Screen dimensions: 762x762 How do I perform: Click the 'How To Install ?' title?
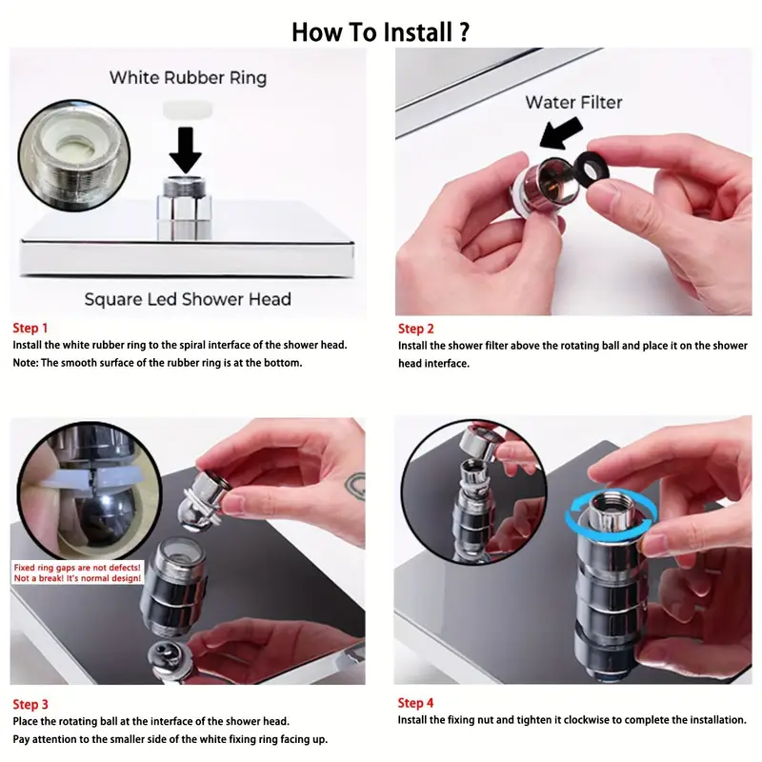[380, 32]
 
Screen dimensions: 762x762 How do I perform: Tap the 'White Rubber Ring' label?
[188, 78]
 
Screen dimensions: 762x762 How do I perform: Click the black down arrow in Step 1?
[185, 150]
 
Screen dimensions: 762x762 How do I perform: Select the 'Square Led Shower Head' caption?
[188, 299]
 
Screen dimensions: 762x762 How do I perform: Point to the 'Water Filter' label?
[573, 103]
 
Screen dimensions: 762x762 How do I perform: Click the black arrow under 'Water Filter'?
[560, 132]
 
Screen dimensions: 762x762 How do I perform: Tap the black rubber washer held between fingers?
[592, 169]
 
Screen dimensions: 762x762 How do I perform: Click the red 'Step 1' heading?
[30, 328]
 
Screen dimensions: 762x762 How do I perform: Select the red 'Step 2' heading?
[416, 329]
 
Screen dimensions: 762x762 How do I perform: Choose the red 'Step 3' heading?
[30, 705]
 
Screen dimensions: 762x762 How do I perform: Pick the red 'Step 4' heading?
[415, 703]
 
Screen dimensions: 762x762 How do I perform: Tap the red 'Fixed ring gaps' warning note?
[77, 573]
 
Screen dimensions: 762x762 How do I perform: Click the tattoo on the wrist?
[355, 486]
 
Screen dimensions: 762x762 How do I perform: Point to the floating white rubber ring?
[187, 110]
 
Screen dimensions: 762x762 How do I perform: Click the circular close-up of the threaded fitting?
[74, 155]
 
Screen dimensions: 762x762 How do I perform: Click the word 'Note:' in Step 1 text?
[26, 363]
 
